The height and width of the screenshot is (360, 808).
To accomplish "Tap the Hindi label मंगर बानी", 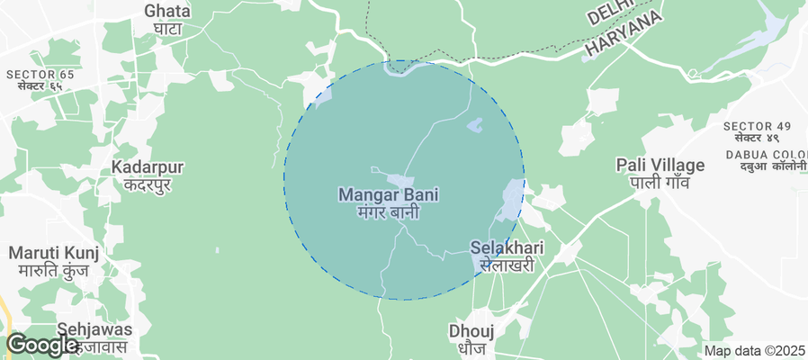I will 390,213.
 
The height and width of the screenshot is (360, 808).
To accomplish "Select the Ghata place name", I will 167,11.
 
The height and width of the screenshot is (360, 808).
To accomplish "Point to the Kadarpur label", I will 148,167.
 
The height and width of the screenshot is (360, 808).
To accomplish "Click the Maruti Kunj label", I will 53,252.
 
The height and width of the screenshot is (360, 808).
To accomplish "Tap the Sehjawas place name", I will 94,329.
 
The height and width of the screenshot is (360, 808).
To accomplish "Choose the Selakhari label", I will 507,247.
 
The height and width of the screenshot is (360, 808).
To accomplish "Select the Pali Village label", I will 660,165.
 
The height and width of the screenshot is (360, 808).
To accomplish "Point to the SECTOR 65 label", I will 40,74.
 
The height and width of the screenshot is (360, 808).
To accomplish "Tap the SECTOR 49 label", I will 757,125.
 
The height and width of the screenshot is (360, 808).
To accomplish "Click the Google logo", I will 41,345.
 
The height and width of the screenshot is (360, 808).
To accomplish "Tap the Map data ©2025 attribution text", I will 755,351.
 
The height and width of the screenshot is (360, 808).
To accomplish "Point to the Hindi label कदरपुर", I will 148,185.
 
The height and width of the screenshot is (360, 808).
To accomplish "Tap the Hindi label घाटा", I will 167,29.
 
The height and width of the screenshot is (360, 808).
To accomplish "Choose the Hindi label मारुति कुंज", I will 53,270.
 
